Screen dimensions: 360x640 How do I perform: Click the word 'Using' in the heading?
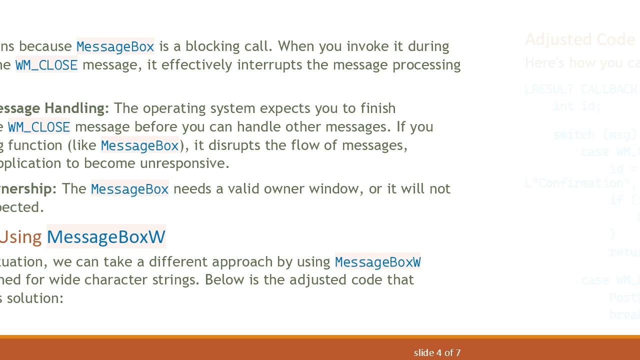point(20,237)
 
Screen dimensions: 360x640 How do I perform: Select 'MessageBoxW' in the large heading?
point(106,237)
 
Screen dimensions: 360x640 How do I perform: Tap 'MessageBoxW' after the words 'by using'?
point(377,262)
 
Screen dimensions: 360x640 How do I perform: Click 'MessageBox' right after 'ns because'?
point(115,46)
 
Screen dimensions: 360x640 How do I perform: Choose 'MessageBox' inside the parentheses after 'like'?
point(139,145)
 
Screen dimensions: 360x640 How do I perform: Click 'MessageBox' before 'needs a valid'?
point(129,189)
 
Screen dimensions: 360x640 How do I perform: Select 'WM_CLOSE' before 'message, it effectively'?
point(46,65)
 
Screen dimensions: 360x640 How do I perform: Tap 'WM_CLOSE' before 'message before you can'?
point(39,127)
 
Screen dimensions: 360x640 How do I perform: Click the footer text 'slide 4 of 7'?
point(437,353)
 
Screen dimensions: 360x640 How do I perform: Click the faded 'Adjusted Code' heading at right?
point(580,39)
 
